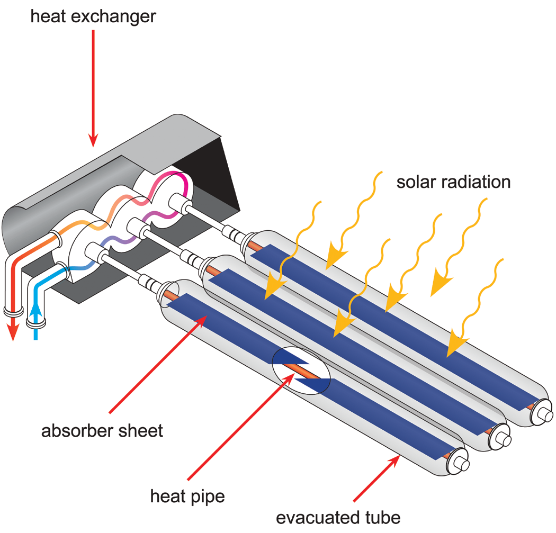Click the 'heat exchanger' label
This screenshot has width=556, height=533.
93,17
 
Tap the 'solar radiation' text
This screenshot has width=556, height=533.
453,182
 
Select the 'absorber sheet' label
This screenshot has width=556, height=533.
102,430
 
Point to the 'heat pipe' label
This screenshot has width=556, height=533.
187,497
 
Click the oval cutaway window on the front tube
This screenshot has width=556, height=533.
300,371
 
